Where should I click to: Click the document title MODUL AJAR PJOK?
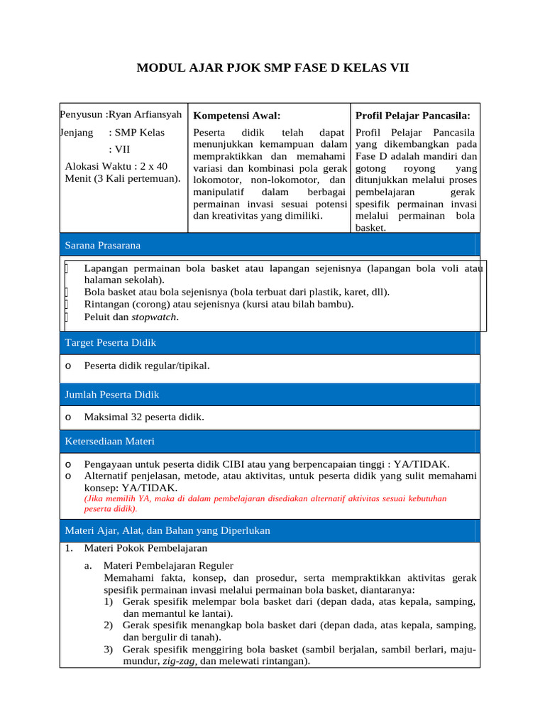pyautogui.click(x=272, y=68)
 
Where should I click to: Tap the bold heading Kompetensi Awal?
pyautogui.click(x=237, y=115)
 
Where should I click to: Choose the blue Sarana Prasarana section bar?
pyautogui.click(x=270, y=245)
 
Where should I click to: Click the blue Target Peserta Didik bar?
pyautogui.click(x=270, y=342)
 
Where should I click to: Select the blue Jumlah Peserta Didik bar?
pyautogui.click(x=270, y=394)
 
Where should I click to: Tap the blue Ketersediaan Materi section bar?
pyautogui.click(x=270, y=441)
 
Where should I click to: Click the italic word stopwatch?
pyautogui.click(x=155, y=317)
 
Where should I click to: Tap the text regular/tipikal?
pyautogui.click(x=177, y=366)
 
